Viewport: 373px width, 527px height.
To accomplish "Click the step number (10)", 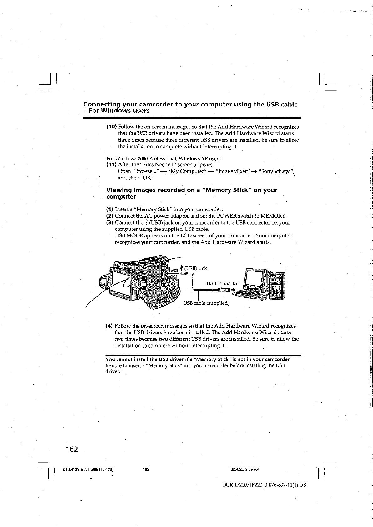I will (x=112, y=127).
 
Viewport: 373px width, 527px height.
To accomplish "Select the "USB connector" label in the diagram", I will (x=223, y=284).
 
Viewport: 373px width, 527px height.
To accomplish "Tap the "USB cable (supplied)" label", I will (x=206, y=303).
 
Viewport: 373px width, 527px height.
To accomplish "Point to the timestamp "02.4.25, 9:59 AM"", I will (x=245, y=469).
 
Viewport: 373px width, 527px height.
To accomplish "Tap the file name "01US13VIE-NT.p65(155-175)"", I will (x=88, y=470).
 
